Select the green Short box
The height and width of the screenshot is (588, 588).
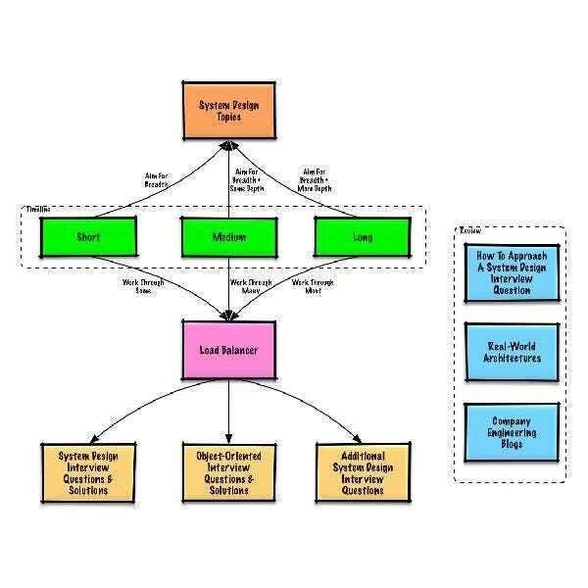click(x=88, y=236)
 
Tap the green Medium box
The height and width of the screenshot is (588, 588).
click(x=227, y=236)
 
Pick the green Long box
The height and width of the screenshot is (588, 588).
click(x=362, y=236)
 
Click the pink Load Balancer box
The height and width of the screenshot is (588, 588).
click(x=228, y=350)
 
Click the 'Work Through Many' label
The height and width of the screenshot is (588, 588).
click(x=251, y=285)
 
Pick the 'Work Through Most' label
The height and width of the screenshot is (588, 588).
click(x=314, y=285)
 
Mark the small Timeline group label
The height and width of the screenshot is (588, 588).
click(x=39, y=209)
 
